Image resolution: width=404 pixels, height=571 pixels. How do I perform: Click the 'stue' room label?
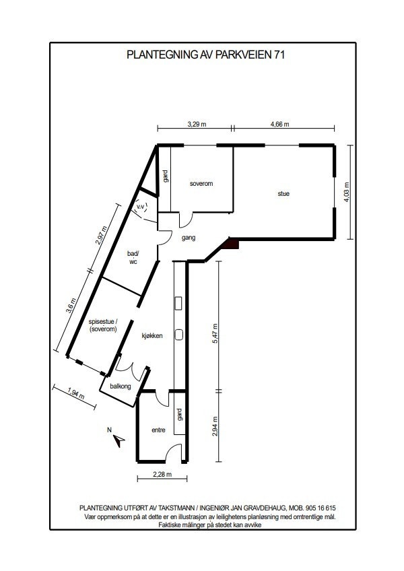[283, 194]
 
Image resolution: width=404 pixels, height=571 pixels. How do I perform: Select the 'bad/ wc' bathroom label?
[133, 257]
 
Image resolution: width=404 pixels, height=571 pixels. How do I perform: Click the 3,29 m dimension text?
[196, 124]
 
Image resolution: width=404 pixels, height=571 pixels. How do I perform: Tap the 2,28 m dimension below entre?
[162, 475]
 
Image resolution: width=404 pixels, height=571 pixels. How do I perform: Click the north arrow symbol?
[119, 440]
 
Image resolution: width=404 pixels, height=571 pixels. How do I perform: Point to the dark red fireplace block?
[232, 246]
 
